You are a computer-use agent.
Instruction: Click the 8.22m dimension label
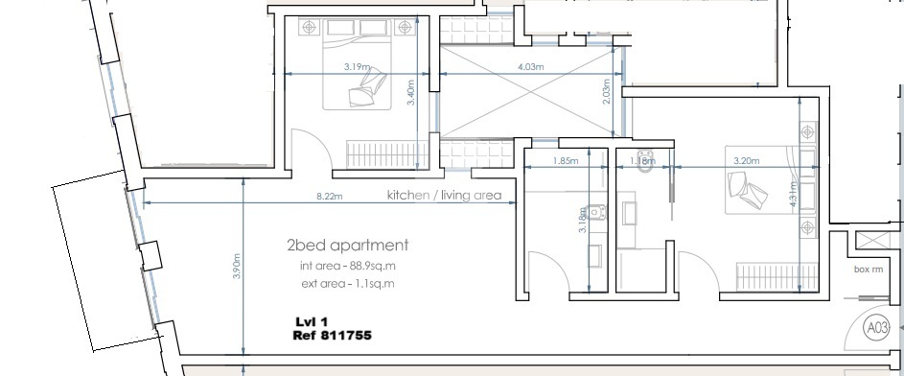(330, 197)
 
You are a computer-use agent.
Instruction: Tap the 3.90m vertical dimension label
(238, 266)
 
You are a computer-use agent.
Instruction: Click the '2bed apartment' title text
(347, 245)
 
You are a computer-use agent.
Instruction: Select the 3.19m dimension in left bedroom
(358, 68)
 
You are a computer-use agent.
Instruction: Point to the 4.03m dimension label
(530, 68)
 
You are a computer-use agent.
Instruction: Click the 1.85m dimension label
(567, 162)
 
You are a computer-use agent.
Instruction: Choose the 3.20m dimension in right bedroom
(746, 162)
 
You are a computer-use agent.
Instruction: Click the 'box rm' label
(868, 270)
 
